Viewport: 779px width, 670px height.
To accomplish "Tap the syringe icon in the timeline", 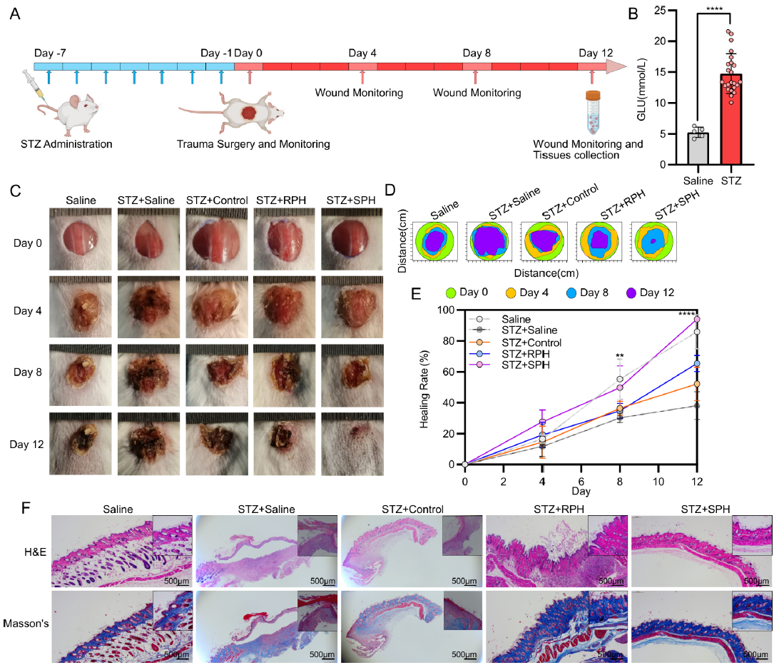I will pyautogui.click(x=34, y=84).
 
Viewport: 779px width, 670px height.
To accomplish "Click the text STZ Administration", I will pyautogui.click(x=66, y=144).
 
